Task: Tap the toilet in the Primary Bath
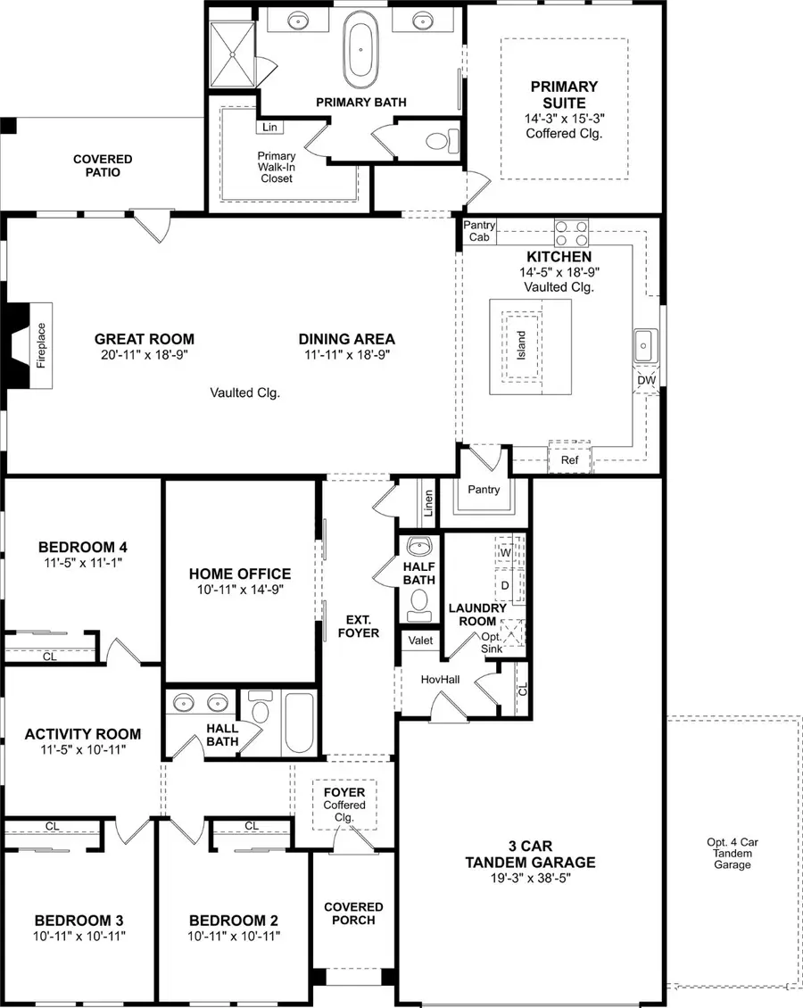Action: coord(442,140)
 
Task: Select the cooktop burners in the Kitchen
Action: coord(571,233)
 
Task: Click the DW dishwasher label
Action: coord(646,381)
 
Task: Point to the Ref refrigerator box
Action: coord(569,460)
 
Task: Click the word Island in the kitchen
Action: coord(522,345)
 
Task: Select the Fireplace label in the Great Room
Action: coord(41,345)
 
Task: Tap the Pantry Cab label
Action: coord(479,232)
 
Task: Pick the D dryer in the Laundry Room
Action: coord(505,584)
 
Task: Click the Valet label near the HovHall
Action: coord(420,640)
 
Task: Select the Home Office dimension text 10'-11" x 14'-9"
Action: coord(240,590)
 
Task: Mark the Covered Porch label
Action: coord(353,913)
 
